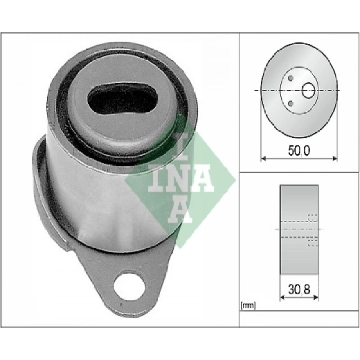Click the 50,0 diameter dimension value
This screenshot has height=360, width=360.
[299, 150]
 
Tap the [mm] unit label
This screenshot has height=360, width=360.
[248, 306]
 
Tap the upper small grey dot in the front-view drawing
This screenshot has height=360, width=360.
[291, 78]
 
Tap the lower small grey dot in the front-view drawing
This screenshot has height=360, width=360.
[291, 104]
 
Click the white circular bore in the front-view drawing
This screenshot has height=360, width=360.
[308, 91]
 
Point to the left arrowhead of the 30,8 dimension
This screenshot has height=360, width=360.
[282, 297]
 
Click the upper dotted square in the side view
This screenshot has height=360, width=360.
[312, 218]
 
